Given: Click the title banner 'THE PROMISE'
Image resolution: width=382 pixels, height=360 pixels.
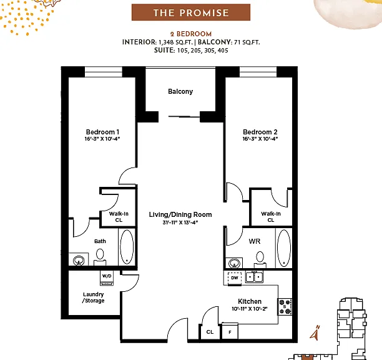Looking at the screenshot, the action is [191, 12].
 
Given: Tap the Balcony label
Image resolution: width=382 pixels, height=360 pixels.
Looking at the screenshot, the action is [180, 91].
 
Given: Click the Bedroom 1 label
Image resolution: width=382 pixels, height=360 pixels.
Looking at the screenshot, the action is [102, 132].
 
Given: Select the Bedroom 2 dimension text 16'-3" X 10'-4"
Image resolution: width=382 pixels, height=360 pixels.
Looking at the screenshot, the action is [260, 139].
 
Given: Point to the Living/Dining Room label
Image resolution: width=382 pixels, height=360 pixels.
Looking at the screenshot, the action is [180, 214].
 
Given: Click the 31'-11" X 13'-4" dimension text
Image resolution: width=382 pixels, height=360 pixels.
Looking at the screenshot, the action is [180, 222].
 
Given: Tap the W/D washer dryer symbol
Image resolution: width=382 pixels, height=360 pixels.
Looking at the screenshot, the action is [107, 278].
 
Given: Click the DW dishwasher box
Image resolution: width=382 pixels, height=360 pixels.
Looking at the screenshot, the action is [235, 278].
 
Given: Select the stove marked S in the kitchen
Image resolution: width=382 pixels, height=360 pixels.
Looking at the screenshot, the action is [285, 307].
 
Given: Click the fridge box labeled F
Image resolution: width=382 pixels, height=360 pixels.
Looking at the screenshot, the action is [230, 331].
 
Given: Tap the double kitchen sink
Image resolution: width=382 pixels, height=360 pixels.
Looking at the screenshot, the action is [254, 277].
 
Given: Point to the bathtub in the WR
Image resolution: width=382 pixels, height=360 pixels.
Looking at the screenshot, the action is [284, 248].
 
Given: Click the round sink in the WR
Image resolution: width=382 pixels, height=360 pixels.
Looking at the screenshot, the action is [234, 263].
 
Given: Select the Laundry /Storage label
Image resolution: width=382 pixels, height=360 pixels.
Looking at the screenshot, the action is [93, 297].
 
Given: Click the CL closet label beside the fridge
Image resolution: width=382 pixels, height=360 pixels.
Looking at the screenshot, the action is [210, 332].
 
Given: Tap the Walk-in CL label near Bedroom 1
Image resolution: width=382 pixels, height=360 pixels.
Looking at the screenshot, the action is [119, 217].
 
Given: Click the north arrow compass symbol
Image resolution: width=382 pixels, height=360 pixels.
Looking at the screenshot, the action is [315, 332].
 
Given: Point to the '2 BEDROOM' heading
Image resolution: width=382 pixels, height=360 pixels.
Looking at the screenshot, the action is [191, 34].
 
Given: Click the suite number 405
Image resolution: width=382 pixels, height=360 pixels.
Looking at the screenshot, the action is [223, 51].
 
